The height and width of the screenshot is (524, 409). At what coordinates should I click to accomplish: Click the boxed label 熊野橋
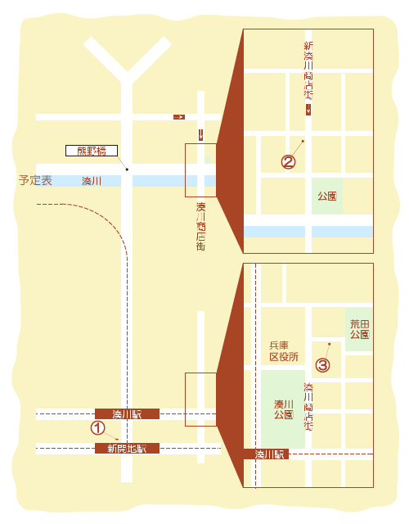point(92,151)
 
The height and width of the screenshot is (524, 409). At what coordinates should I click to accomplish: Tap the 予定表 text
point(35,180)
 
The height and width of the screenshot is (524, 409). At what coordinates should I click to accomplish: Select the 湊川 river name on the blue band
point(92,180)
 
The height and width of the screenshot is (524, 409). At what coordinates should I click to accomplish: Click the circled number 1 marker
point(98,427)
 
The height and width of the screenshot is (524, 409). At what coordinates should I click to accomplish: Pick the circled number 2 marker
point(288,161)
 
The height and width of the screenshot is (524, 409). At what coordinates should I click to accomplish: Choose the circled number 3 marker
point(323,365)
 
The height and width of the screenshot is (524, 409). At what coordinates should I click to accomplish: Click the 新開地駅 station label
point(127,448)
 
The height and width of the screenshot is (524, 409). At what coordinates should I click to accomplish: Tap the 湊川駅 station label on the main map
point(127,413)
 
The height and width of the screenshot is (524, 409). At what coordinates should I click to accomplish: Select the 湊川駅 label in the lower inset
point(269,454)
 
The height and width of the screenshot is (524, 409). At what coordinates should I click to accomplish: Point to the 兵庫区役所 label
point(284,351)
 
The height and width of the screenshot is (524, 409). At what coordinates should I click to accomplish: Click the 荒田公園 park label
point(359,329)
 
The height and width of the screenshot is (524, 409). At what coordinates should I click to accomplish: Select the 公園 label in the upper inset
point(327,196)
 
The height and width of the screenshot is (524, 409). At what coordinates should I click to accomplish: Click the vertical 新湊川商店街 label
point(308,71)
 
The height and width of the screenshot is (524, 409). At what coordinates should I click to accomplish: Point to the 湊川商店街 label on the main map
point(200,227)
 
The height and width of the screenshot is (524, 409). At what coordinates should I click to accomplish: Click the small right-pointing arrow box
point(178,117)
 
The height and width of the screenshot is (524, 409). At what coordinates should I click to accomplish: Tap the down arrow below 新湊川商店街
point(308,111)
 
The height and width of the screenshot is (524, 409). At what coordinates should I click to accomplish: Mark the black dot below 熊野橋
point(127,169)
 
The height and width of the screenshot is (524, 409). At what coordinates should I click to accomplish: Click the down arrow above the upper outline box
point(200,133)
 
